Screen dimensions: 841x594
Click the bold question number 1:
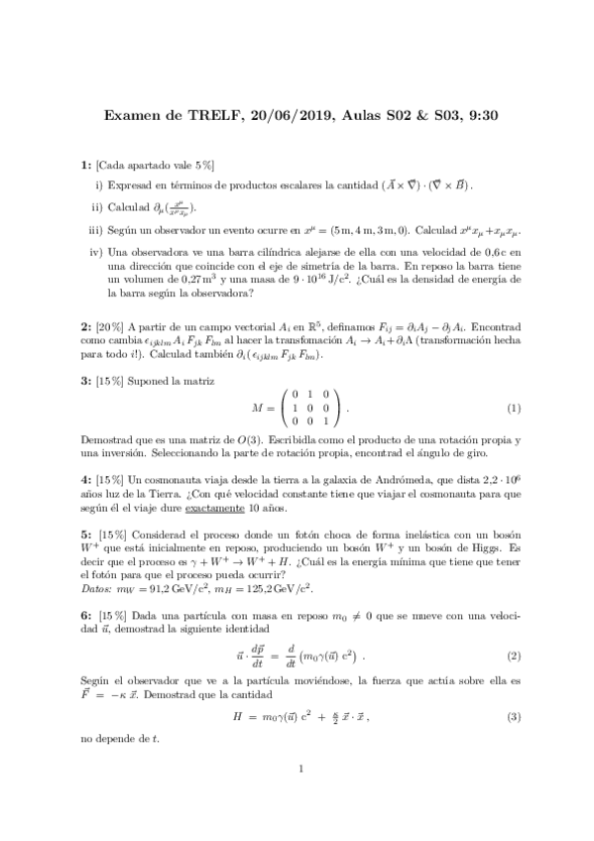[86, 164]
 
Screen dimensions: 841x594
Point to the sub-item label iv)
[96, 253]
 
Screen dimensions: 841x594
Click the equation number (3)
[514, 716]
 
